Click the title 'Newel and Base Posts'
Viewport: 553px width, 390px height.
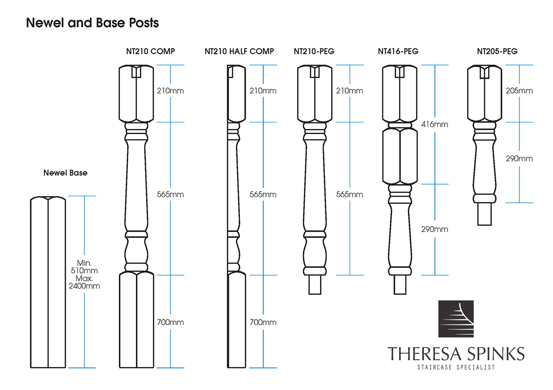click(x=92, y=23)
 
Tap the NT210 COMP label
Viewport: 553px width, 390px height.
click(x=150, y=51)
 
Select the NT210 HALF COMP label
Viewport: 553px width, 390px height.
click(x=239, y=51)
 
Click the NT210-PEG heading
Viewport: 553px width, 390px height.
click(x=314, y=51)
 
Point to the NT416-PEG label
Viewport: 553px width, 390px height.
click(x=398, y=51)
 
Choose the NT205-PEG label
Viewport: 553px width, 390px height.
click(x=497, y=51)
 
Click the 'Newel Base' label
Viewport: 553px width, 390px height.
click(x=65, y=173)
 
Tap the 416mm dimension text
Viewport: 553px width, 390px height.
click(x=435, y=124)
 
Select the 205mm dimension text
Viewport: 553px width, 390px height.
click(x=519, y=91)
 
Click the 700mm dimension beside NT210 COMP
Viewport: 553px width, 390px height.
click(x=171, y=322)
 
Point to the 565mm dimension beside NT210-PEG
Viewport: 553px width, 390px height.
click(x=350, y=194)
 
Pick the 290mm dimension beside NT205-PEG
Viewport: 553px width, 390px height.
click(x=519, y=158)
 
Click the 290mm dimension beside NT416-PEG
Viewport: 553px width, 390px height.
click(x=435, y=229)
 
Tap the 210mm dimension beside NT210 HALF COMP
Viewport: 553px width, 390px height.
click(x=263, y=91)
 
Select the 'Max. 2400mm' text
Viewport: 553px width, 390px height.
click(x=84, y=282)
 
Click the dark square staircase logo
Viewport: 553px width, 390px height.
click(x=456, y=319)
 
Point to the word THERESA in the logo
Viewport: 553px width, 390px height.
click(x=424, y=354)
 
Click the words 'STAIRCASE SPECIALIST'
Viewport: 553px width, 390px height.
click(x=456, y=367)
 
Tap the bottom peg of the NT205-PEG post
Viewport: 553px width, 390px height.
click(x=484, y=214)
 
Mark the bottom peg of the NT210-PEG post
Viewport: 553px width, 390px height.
click(x=315, y=285)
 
